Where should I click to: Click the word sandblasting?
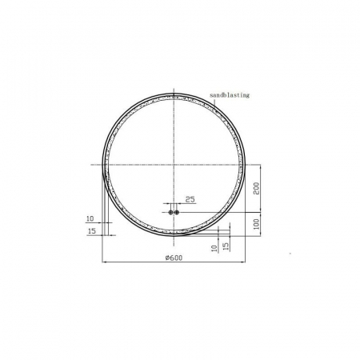(230, 95)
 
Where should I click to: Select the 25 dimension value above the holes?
(190, 199)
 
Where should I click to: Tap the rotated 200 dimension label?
(256, 189)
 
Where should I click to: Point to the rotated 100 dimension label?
(256, 224)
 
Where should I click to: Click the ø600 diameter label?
(174, 258)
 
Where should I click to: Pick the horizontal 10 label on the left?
(90, 218)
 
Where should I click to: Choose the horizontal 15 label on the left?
(91, 231)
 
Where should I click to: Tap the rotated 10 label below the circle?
(214, 248)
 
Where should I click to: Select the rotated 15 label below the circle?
(226, 246)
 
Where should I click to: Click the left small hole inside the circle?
(170, 212)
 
